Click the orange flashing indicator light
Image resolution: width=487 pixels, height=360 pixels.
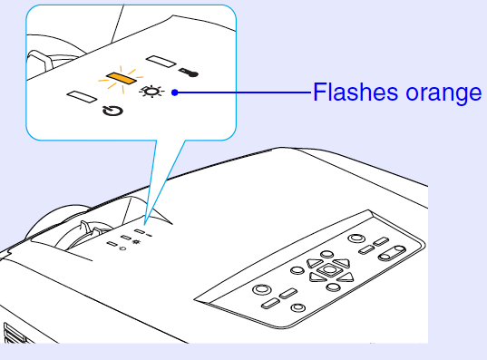point(122,79)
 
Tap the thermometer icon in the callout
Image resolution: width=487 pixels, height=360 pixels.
point(189,73)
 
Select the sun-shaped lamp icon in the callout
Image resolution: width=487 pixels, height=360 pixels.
point(151,92)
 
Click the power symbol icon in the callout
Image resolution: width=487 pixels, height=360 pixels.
point(112,111)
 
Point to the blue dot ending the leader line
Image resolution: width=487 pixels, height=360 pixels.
point(175,92)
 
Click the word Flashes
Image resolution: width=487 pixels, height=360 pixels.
point(355,92)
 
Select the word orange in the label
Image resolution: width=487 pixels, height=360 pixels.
point(443,94)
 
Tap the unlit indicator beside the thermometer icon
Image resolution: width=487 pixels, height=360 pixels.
point(161,61)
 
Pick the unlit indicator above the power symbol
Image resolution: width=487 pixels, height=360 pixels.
point(82,96)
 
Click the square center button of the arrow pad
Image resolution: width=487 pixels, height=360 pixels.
point(329,269)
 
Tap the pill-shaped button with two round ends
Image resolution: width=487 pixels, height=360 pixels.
point(392,253)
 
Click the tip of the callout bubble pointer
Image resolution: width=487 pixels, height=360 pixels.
point(144,224)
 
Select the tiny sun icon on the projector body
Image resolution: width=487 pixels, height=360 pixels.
point(136,241)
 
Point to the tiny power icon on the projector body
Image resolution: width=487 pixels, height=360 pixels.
point(123,248)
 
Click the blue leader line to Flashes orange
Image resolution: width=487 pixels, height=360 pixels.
point(243,92)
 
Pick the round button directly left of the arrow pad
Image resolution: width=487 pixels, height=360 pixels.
point(297,270)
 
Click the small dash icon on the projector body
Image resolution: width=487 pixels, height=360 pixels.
point(149,235)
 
